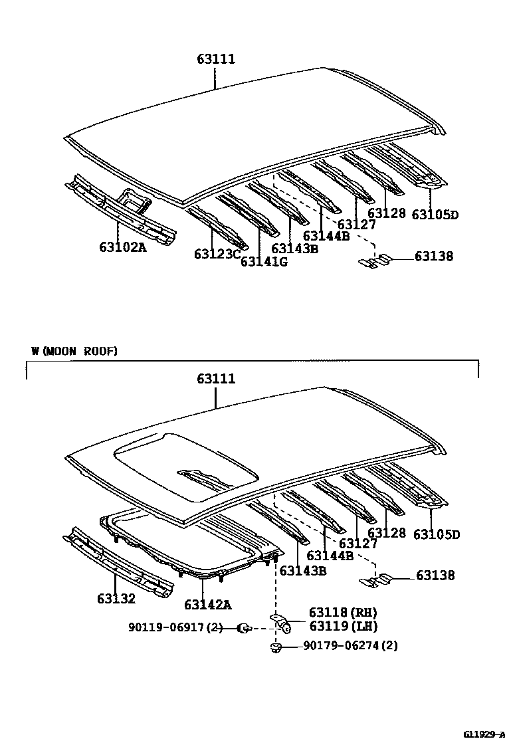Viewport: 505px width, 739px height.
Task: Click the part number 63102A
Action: click(123, 247)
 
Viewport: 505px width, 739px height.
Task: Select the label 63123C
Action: click(217, 254)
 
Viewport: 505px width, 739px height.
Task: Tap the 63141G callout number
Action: click(264, 261)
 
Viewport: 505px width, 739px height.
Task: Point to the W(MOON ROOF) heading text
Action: click(74, 351)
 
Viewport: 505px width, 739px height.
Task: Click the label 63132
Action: click(116, 599)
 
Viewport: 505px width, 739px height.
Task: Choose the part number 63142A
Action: click(207, 604)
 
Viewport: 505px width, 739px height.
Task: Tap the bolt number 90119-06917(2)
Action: click(175, 627)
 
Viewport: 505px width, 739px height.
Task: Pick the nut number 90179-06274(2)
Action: click(350, 645)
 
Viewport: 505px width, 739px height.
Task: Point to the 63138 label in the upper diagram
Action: click(434, 256)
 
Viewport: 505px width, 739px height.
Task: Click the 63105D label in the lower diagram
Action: click(437, 534)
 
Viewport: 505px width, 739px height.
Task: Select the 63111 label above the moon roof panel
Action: click(216, 379)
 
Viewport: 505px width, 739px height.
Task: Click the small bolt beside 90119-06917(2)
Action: click(244, 627)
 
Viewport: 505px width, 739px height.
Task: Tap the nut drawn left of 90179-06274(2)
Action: click(274, 646)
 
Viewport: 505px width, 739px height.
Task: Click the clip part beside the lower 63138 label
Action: click(373, 581)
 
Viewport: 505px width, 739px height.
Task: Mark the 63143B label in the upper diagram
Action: click(294, 249)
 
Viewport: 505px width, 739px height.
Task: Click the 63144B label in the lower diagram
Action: click(330, 556)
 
